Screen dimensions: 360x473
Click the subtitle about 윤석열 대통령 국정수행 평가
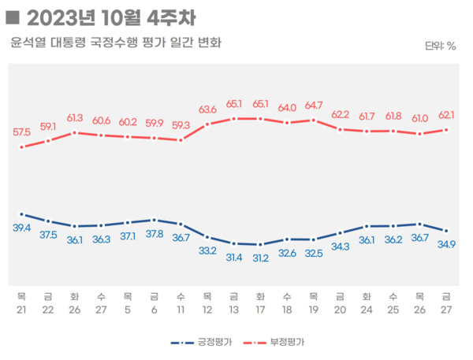116,42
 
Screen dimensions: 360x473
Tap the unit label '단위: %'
440,46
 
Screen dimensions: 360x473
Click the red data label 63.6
207,109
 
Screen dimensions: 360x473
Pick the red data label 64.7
314,105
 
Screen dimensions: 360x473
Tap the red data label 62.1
446,115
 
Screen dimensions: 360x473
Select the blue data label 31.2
260,258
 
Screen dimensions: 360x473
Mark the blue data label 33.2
207,251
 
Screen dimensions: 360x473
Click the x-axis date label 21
21,310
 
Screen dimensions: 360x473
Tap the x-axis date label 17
260,310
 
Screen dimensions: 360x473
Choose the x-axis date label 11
181,310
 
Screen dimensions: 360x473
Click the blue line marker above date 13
234,243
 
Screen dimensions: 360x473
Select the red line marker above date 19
314,121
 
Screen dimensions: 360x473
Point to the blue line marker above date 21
21,213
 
